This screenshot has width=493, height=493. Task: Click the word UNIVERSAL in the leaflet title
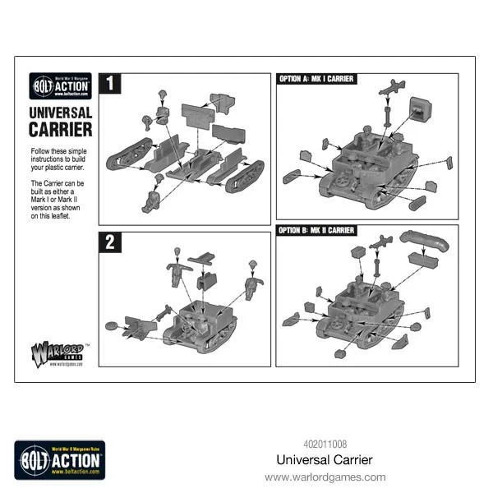point(61,112)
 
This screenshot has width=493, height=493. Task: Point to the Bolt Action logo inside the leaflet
point(60,85)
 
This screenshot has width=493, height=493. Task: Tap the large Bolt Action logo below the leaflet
point(59,459)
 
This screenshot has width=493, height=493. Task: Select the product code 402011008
point(325,445)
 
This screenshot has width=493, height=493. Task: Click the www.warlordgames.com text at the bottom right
point(325,477)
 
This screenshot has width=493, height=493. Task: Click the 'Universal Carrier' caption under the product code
point(325,460)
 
